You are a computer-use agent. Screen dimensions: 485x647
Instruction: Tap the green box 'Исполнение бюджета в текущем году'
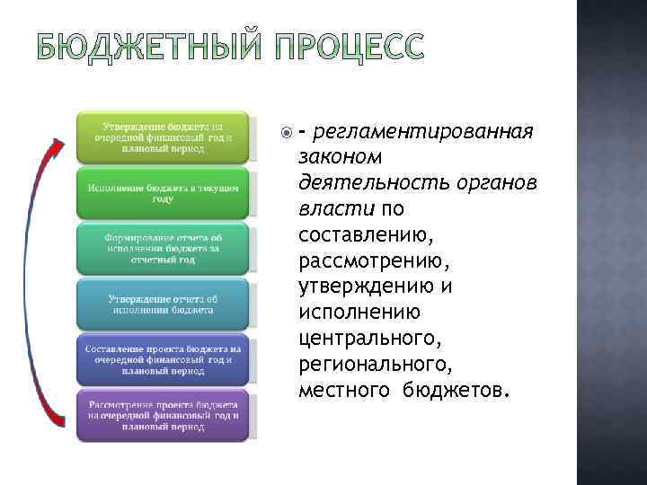click(163, 193)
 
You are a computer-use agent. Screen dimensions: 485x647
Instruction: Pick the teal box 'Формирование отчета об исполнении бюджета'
click(163, 248)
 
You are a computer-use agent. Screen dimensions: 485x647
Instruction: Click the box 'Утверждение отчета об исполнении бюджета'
click(163, 304)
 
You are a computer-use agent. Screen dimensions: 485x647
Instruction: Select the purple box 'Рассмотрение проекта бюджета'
click(163, 414)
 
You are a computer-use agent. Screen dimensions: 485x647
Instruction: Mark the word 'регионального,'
click(377, 366)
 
